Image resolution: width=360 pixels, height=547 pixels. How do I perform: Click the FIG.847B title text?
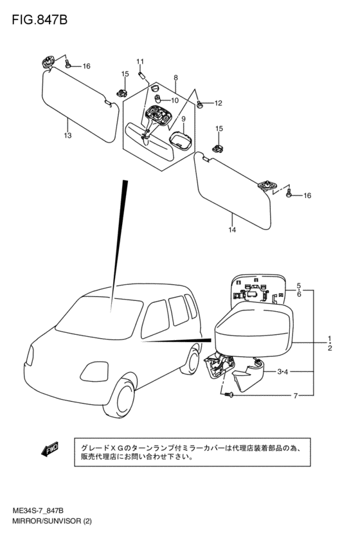(x=39, y=20)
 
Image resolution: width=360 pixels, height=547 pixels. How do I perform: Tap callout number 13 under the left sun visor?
(x=67, y=135)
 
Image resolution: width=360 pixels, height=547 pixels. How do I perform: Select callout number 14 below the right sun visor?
(x=232, y=229)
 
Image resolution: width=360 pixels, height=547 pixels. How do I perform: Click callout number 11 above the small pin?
(x=140, y=62)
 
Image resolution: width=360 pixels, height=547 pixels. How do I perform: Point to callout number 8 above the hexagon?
(x=175, y=78)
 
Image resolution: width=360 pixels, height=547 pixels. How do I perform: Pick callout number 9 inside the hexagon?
(x=183, y=119)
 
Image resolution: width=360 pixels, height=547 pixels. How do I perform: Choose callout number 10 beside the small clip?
(x=174, y=100)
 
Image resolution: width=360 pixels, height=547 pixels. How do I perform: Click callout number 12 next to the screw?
(x=218, y=103)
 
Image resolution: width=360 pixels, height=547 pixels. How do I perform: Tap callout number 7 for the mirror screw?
(x=296, y=395)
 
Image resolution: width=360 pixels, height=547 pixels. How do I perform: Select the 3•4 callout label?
(x=283, y=372)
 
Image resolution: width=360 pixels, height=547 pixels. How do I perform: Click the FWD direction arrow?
(x=50, y=449)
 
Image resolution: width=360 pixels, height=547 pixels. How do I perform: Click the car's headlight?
(x=94, y=372)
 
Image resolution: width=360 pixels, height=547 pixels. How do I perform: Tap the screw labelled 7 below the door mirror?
(x=228, y=395)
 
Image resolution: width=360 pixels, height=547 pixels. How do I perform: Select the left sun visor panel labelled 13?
(x=80, y=105)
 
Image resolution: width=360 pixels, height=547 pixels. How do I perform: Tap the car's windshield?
(x=100, y=318)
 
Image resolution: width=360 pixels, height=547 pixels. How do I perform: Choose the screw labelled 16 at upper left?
(x=68, y=64)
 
